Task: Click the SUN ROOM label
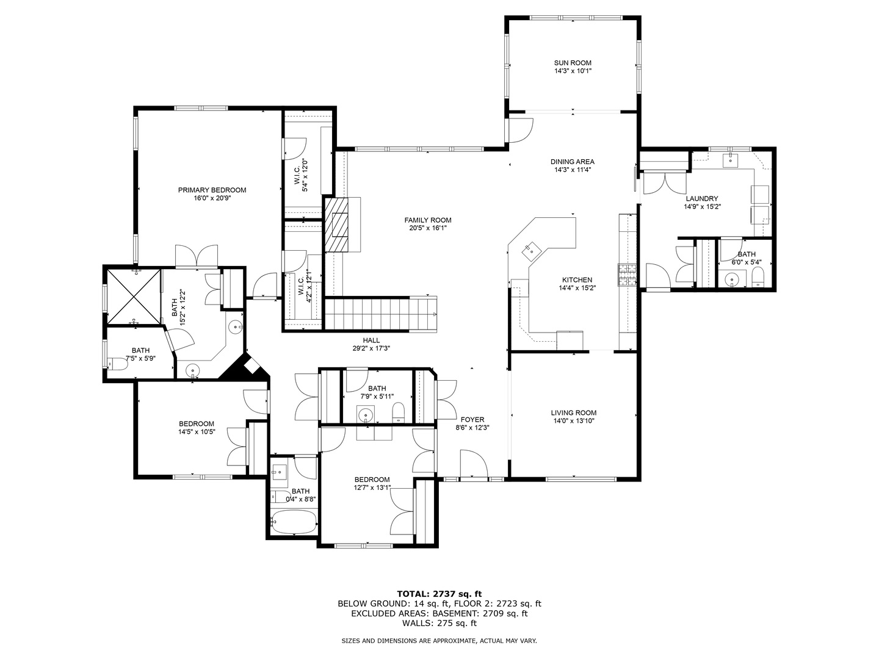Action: [x=572, y=62]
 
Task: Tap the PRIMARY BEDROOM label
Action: [x=212, y=190]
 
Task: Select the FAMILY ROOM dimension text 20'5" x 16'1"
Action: [x=427, y=228]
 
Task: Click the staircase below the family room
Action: [x=378, y=314]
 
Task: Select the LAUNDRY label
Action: [x=701, y=198]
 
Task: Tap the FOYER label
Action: [x=472, y=419]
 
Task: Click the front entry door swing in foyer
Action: [x=474, y=464]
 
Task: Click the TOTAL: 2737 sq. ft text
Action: [x=439, y=593]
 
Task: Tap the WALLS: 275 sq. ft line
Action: [x=439, y=623]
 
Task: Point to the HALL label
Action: [x=371, y=340]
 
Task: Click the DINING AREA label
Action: [x=572, y=162]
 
